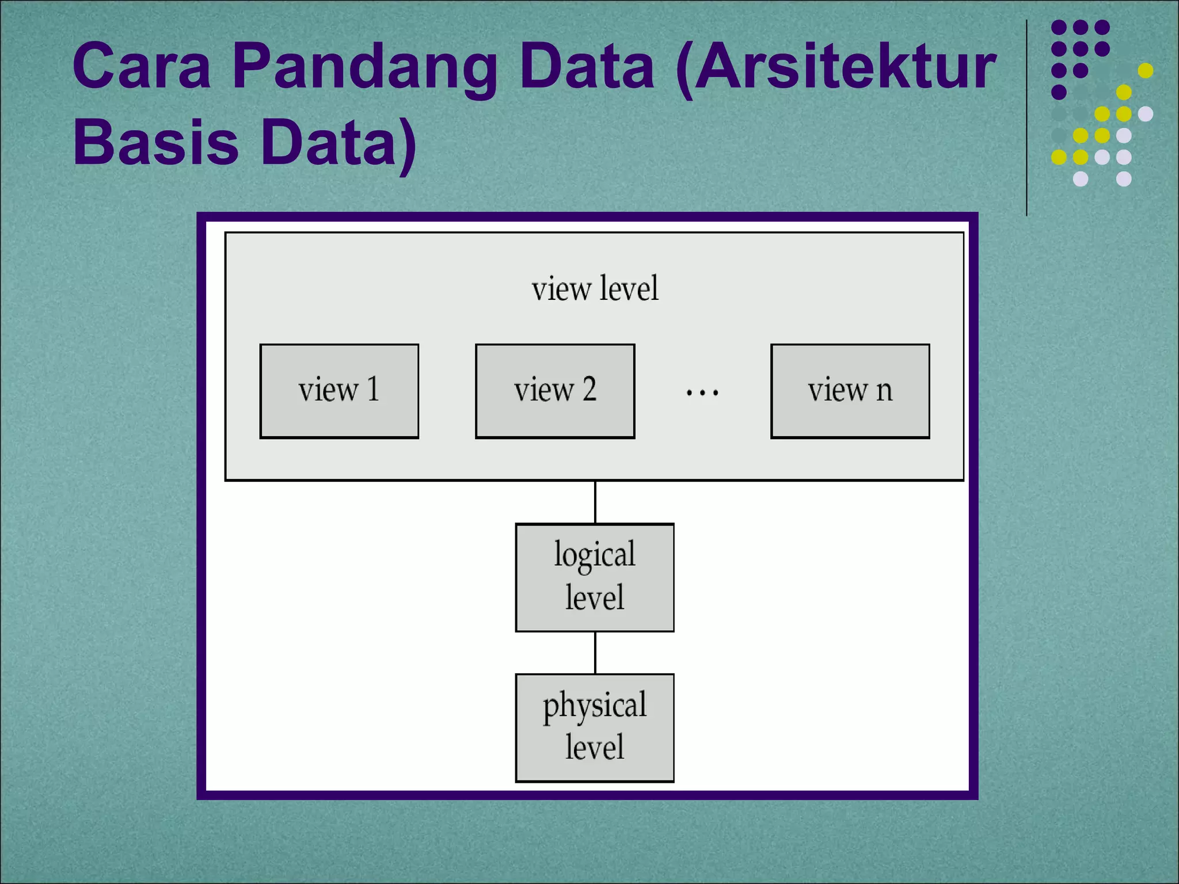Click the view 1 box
[x=339, y=391]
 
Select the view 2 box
[x=555, y=391]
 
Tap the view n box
[x=850, y=391]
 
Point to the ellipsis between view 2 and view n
[x=702, y=393]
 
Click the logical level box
[x=595, y=577]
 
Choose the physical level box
[x=595, y=727]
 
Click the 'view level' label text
[x=595, y=288]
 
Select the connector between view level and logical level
[x=595, y=502]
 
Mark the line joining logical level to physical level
[x=595, y=653]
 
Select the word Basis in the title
[x=155, y=142]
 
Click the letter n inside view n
[x=884, y=391]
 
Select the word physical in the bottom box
[x=595, y=706]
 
